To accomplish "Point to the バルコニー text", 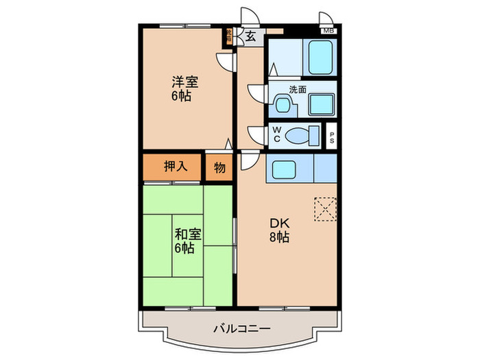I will pos(240,329).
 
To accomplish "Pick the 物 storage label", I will pos(219,167).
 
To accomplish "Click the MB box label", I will pos(328,31).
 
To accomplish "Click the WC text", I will pos(276,134).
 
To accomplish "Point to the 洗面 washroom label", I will pos(297,89).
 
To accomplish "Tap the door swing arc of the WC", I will pos(255,134).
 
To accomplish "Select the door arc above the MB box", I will pos(326,19).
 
